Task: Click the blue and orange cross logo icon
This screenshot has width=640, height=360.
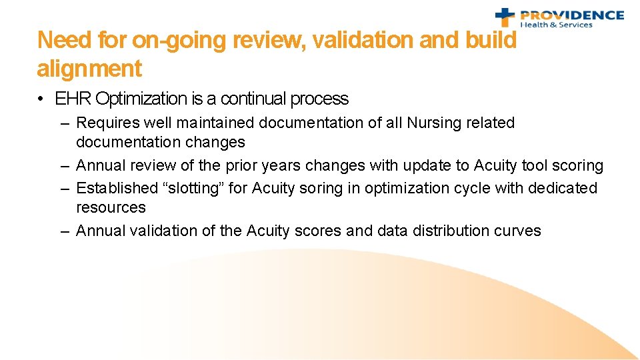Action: pyautogui.click(x=505, y=17)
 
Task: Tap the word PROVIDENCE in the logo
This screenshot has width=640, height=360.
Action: pyautogui.click(x=571, y=15)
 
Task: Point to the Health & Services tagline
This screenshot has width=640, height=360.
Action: pyautogui.click(x=556, y=25)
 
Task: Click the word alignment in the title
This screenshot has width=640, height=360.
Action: pyautogui.click(x=89, y=69)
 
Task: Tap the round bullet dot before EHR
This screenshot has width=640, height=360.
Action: pyautogui.click(x=41, y=99)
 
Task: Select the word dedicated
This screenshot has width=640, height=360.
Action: pyautogui.click(x=563, y=188)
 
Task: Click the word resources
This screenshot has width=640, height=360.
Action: pyautogui.click(x=111, y=207)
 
